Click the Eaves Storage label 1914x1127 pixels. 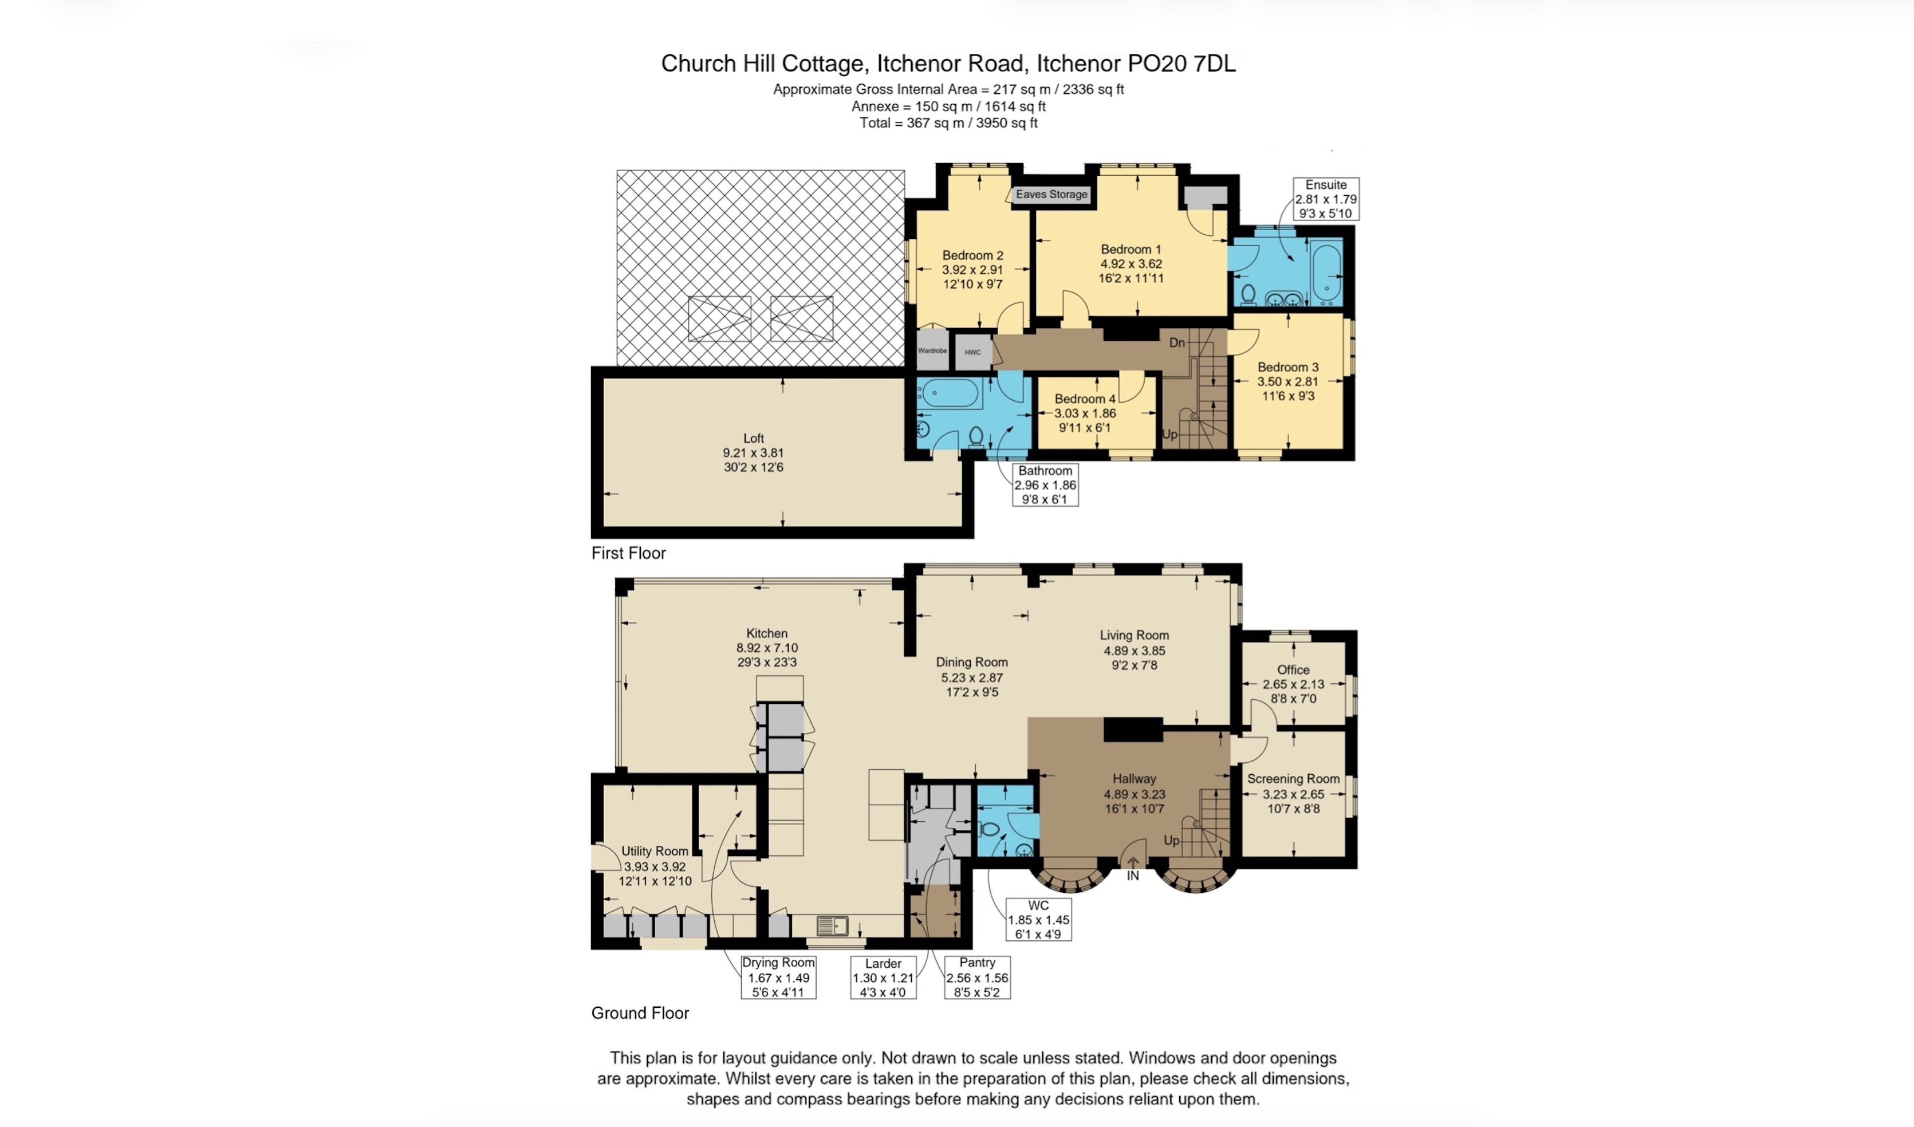pyautogui.click(x=1051, y=194)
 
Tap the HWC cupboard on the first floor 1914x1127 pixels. pyautogui.click(x=973, y=352)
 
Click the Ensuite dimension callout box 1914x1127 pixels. pyautogui.click(x=1326, y=199)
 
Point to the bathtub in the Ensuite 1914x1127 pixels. pyautogui.click(x=1326, y=272)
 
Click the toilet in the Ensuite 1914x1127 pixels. pyautogui.click(x=1248, y=294)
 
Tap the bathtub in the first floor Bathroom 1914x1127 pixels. pyautogui.click(x=950, y=393)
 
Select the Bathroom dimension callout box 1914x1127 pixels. pyautogui.click(x=1045, y=484)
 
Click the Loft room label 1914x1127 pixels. pyautogui.click(x=754, y=452)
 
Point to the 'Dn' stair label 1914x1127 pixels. pyautogui.click(x=1176, y=342)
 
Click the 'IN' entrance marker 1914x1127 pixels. pyautogui.click(x=1132, y=876)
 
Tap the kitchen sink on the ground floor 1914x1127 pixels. pyautogui.click(x=833, y=926)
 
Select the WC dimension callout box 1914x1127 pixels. pyautogui.click(x=1038, y=920)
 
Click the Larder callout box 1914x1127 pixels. pyautogui.click(x=883, y=978)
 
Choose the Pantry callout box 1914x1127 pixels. pyautogui.click(x=976, y=978)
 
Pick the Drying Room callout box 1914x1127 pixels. pyautogui.click(x=778, y=978)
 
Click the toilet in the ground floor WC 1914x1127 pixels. pyautogui.click(x=987, y=829)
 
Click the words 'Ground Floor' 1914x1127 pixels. pyautogui.click(x=640, y=1013)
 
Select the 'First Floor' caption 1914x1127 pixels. pyautogui.click(x=628, y=553)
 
